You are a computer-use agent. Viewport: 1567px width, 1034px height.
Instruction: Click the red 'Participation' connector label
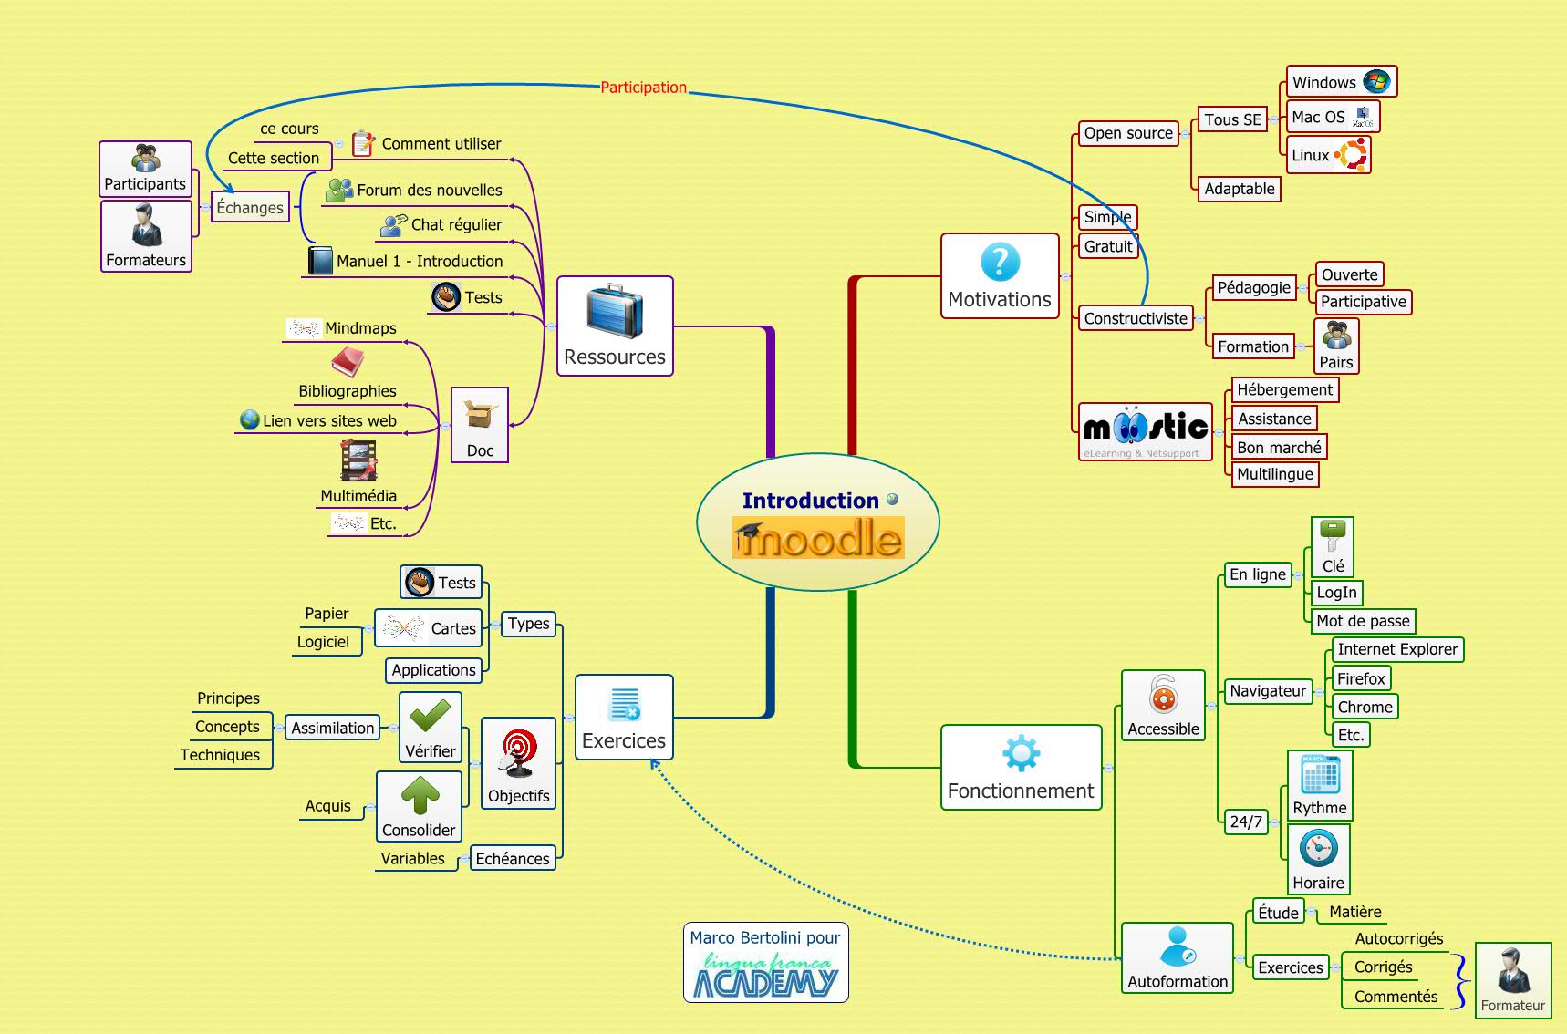coord(643,88)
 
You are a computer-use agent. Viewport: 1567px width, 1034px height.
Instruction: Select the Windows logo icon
coord(1375,81)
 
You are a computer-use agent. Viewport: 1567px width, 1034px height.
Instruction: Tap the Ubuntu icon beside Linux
coord(1351,155)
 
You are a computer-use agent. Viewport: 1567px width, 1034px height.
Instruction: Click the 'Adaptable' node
coord(1239,189)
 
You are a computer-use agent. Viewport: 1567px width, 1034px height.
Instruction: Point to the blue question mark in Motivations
coord(1000,263)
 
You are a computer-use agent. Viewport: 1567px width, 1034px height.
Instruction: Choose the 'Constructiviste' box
coord(1136,318)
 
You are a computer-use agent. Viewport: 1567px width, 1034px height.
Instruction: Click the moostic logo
coord(1146,429)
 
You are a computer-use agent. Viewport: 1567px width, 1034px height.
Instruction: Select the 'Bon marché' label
coord(1279,448)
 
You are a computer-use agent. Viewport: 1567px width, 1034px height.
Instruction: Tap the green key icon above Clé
coord(1333,537)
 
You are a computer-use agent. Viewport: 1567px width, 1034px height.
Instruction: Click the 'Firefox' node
coord(1361,678)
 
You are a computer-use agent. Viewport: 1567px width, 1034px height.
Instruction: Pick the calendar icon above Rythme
coord(1320,775)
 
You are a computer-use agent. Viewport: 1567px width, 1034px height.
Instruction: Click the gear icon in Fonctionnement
coord(1020,754)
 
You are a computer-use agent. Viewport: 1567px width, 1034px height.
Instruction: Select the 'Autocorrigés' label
coord(1398,939)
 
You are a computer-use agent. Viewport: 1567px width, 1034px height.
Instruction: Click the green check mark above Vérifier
coord(430,717)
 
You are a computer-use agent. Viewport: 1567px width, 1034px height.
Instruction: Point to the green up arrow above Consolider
coord(420,794)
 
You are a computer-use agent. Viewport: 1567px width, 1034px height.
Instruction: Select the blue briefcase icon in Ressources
coord(615,311)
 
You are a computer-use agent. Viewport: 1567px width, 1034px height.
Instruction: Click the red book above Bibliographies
coord(348,362)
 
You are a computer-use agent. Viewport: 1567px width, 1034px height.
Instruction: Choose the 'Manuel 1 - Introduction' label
coord(419,262)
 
